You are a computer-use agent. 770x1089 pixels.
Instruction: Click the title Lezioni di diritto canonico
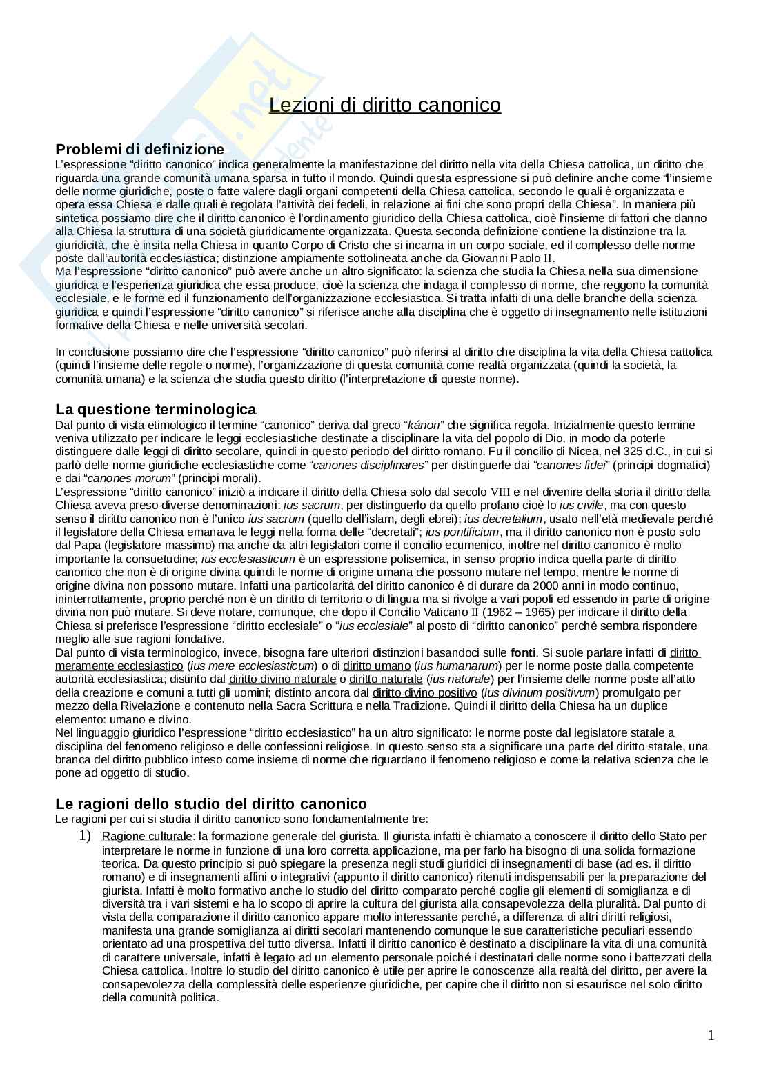384,105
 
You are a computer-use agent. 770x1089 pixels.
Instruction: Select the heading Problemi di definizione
139,149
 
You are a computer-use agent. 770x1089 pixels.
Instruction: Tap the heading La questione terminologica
155,410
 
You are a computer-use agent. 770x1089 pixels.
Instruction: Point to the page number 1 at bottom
711,1035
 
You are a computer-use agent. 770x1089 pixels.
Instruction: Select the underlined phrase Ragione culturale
146,837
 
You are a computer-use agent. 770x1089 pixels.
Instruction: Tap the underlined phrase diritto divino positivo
424,692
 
